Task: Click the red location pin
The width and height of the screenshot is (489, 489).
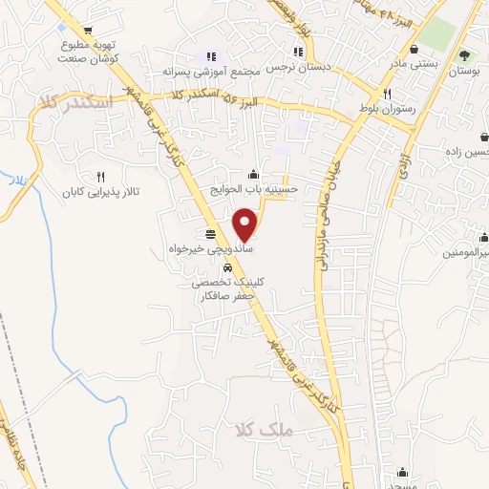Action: (245, 223)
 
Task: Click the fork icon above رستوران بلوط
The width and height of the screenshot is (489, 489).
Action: (387, 94)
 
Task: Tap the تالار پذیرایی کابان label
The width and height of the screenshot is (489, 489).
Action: (101, 192)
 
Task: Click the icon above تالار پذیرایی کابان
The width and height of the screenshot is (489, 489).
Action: (101, 177)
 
